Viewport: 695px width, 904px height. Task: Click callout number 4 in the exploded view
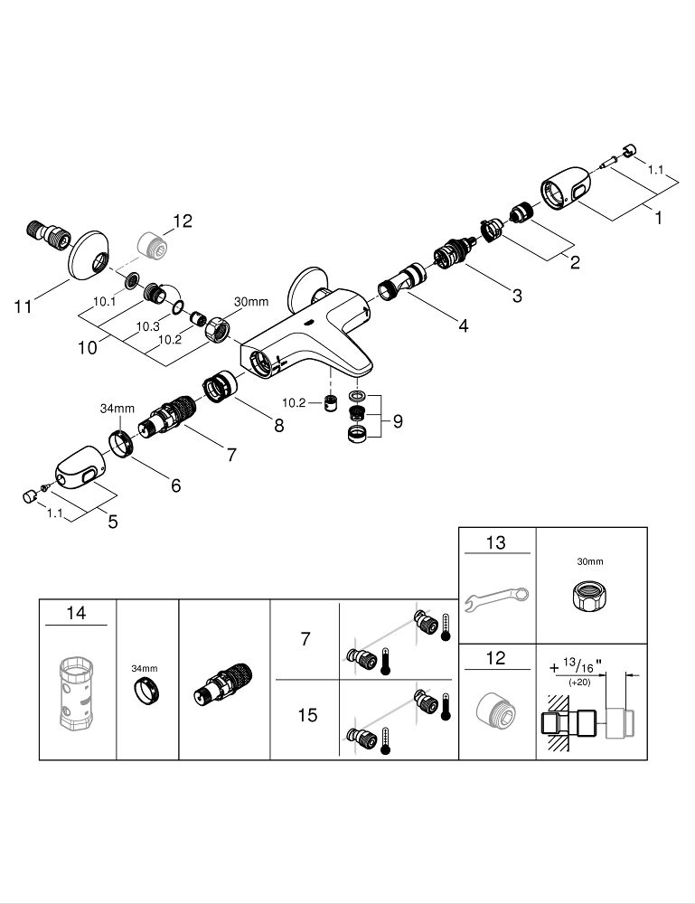463,325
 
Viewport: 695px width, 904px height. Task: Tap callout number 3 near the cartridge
516,295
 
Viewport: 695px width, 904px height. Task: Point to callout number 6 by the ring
175,485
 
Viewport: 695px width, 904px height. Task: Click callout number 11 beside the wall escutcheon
23,307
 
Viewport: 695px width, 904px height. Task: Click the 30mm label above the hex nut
251,301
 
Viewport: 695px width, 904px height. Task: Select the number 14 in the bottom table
77,613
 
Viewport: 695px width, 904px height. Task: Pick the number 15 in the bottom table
307,715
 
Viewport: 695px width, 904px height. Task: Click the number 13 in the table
496,543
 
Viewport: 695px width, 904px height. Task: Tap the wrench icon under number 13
497,599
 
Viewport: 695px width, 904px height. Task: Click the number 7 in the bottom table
305,639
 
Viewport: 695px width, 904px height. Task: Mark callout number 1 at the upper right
659,218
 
